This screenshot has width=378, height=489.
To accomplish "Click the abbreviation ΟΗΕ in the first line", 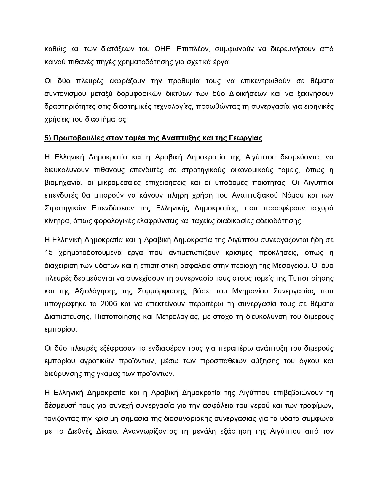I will point(163,49).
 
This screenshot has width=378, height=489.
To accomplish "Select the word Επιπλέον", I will point(192,49).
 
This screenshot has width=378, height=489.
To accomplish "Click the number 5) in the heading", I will point(48,138).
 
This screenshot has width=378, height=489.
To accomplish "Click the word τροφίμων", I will point(318,406).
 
